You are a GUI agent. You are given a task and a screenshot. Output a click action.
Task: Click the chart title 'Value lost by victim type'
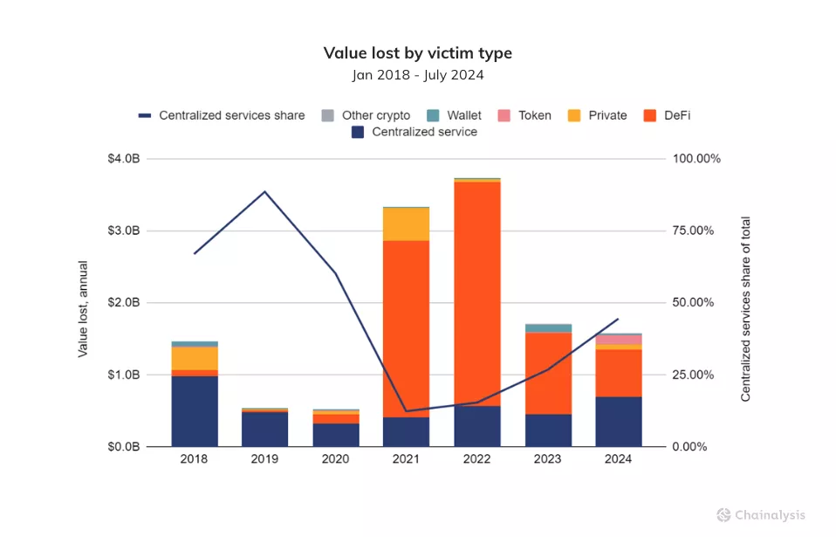point(417,53)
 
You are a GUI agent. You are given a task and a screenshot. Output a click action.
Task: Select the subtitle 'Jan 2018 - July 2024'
point(417,75)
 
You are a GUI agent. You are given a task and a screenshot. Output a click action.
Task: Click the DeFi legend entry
point(668,115)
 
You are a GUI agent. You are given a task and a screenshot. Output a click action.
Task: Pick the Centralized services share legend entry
point(222,115)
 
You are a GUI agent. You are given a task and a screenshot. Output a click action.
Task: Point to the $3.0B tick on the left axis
point(122,231)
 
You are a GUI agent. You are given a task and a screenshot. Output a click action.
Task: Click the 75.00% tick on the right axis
point(692,231)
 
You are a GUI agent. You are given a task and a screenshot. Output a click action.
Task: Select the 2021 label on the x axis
point(406,459)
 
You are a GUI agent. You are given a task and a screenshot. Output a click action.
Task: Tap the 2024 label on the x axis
point(619,459)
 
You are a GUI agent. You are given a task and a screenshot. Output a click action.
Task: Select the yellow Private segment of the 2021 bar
point(406,224)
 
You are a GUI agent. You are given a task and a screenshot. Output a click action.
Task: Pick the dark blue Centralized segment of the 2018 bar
point(194,411)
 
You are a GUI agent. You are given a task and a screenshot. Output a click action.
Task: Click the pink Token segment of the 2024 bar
point(619,340)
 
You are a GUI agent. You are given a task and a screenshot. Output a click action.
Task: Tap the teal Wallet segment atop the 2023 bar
point(548,328)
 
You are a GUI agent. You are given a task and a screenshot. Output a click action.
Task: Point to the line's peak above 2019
point(264,191)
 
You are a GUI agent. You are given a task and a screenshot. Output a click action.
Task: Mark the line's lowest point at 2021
point(406,410)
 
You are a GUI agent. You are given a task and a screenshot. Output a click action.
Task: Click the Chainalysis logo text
point(769,515)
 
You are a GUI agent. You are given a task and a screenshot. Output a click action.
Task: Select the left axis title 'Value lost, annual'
point(84,309)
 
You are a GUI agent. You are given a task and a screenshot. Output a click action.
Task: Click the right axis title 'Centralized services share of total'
point(745,309)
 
